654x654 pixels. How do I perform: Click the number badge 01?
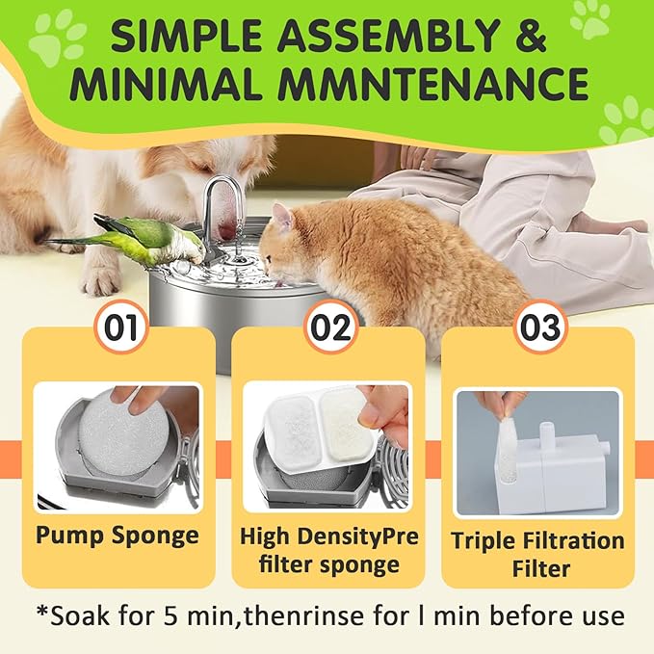(121, 327)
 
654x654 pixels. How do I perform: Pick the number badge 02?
(331, 327)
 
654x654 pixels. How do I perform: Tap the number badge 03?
(540, 327)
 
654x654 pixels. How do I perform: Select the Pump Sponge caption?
(118, 536)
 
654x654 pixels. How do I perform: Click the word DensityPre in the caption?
(359, 536)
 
